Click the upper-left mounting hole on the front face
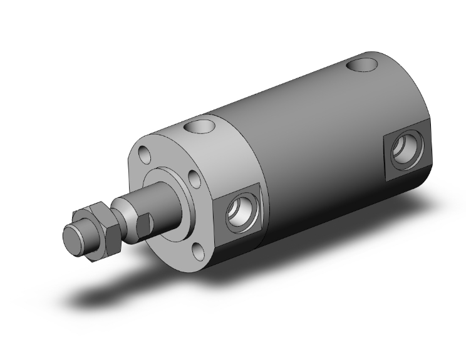pyautogui.click(x=145, y=153)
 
